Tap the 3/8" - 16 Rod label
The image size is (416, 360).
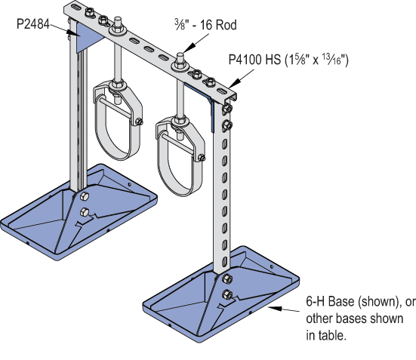205,25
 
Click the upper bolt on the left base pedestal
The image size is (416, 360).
84,199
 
